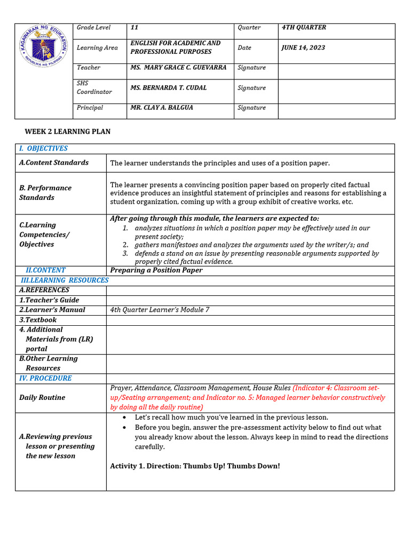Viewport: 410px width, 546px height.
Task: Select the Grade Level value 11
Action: coord(135,27)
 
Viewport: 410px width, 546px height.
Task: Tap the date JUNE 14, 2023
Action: coord(303,47)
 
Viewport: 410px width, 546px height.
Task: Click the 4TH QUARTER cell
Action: coord(304,27)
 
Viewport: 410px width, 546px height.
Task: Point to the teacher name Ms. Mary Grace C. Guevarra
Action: coord(178,68)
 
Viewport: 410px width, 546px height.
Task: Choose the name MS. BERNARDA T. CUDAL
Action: coord(168,87)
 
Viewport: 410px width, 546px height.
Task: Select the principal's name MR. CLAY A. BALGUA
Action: coord(162,108)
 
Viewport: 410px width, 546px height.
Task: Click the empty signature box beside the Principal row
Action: coord(336,111)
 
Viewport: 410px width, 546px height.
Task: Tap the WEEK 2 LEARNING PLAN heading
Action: coord(68,132)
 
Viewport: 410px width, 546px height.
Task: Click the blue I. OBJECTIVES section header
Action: coord(43,149)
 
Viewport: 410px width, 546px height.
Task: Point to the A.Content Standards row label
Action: coord(54,163)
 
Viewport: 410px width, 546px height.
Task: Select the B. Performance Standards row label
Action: coord(45,192)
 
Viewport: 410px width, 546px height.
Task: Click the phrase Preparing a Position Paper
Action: coord(156,270)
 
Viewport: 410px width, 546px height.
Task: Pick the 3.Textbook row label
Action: coord(38,320)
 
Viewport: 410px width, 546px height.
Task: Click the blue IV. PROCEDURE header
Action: coord(45,378)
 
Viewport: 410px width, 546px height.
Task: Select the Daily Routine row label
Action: coord(42,397)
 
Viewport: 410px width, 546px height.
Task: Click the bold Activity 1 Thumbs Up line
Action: coord(195,466)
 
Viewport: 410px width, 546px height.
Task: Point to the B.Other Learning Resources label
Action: coord(48,363)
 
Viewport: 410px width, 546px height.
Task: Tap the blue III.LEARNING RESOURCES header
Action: coord(65,280)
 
